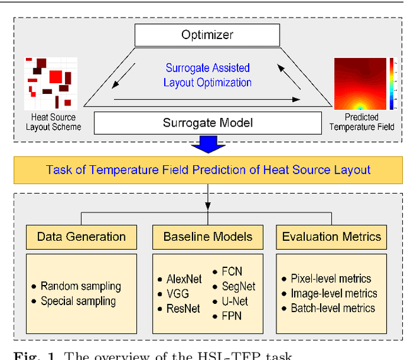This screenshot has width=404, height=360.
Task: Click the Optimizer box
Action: [208, 35]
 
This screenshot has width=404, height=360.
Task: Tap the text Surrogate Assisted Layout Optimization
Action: [208, 75]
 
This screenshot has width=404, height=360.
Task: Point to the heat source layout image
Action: [52, 83]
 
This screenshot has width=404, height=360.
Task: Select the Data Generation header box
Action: [81, 237]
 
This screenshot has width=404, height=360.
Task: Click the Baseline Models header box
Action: [208, 237]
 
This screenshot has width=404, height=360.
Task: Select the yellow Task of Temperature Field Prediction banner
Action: [208, 170]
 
